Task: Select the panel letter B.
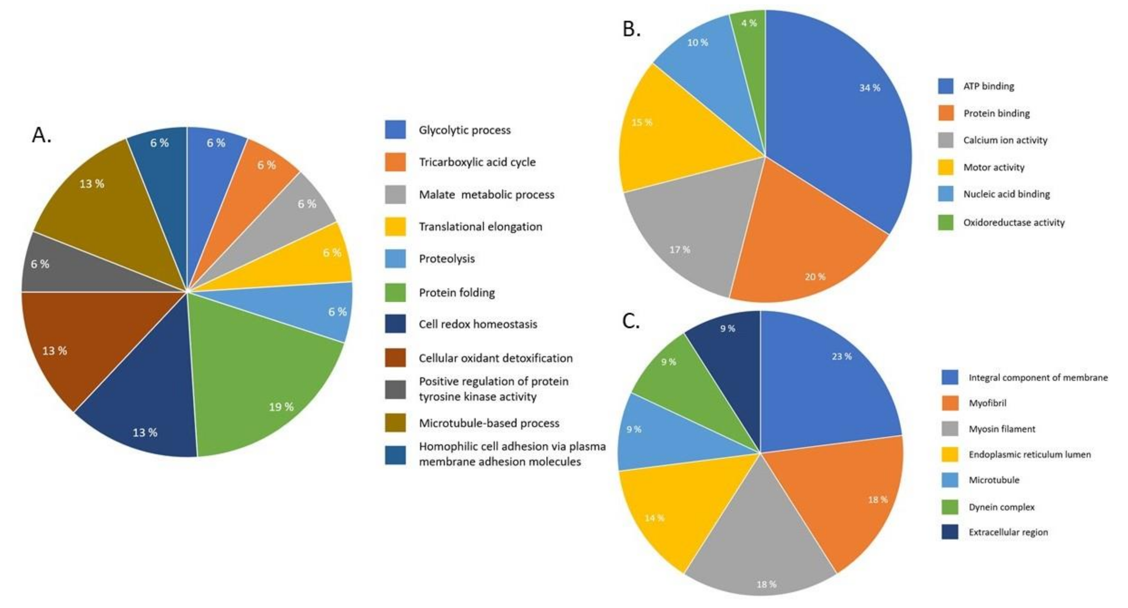(631, 29)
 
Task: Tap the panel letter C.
(631, 322)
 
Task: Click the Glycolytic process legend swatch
(395, 130)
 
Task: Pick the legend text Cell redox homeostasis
(478, 325)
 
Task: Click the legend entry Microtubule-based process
(489, 423)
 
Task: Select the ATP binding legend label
(988, 86)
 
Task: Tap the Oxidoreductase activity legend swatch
(945, 222)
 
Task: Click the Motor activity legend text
(994, 167)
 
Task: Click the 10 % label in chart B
(698, 43)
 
